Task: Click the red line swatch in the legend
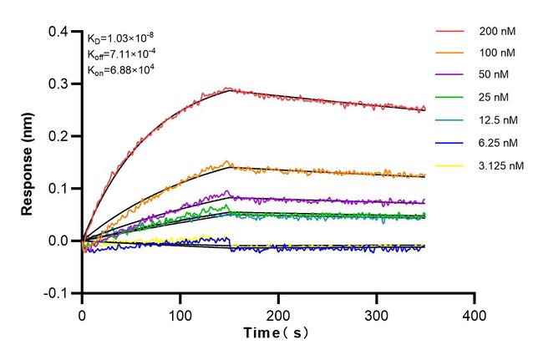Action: click(449, 33)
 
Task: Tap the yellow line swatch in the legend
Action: click(449, 165)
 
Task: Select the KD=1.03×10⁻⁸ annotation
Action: click(120, 38)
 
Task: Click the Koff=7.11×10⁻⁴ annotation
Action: click(122, 54)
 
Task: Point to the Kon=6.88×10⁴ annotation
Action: click(120, 71)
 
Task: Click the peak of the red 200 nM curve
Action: click(229, 88)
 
